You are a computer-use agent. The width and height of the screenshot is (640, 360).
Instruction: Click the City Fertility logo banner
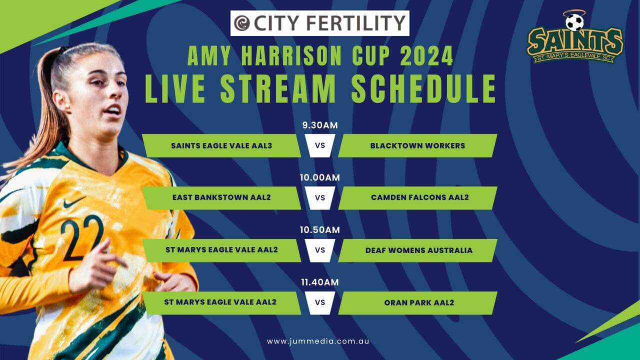319,23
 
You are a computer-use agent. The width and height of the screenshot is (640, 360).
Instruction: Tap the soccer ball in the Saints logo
574,22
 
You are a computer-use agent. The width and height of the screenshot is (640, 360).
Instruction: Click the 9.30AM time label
320,125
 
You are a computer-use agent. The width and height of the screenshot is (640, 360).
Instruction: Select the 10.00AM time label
320,177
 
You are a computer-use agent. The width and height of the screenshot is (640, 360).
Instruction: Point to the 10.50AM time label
320,229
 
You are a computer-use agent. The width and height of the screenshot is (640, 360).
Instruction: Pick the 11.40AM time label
320,282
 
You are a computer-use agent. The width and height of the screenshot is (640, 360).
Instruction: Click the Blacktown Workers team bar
417,145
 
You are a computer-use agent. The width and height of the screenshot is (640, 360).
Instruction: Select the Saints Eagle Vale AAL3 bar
221,145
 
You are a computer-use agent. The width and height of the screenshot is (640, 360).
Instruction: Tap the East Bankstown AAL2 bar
221,197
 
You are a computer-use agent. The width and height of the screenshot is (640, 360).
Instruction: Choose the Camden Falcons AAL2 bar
417,197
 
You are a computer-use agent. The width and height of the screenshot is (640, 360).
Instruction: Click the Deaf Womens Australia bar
417,250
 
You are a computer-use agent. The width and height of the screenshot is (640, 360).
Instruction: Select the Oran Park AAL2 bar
417,303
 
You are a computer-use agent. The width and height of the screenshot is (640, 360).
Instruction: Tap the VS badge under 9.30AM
320,145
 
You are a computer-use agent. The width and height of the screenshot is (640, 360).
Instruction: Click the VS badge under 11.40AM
320,303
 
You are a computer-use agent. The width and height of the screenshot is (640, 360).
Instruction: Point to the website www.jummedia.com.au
318,341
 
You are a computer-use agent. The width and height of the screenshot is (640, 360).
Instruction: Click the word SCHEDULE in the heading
424,88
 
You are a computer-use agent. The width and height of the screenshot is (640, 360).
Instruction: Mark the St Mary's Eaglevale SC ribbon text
574,57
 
